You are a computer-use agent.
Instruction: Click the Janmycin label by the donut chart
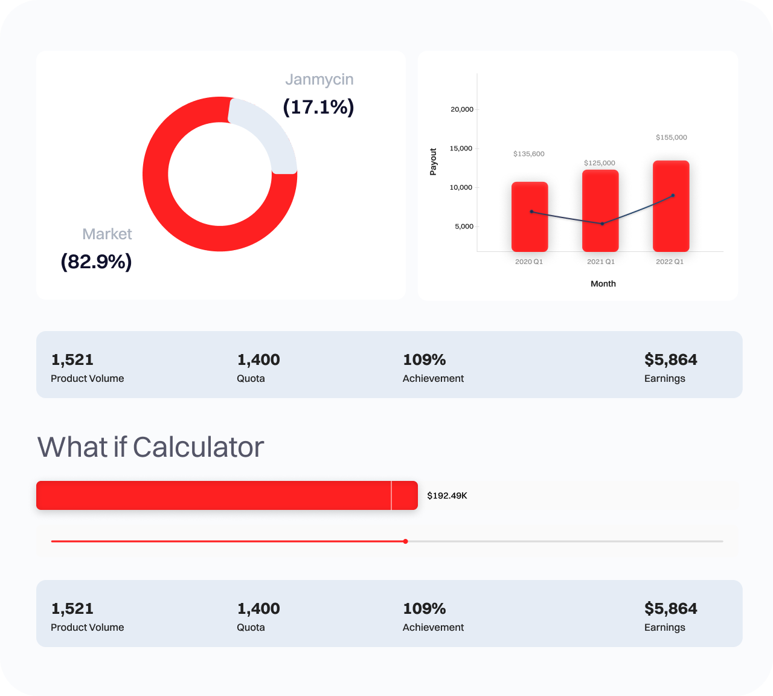319,80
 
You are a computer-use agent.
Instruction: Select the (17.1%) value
318,107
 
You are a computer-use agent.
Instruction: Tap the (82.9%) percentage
96,262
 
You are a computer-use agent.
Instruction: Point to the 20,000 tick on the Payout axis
462,109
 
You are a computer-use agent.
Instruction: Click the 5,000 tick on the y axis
464,227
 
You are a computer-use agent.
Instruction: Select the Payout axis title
433,161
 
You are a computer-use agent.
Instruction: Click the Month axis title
603,284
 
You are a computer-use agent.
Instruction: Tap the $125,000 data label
600,163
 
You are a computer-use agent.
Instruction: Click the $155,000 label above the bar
671,138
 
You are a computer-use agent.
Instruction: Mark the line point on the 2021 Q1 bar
602,224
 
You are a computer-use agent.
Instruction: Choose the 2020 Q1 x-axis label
529,262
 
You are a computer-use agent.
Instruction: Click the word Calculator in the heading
198,448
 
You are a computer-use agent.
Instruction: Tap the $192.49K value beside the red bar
447,496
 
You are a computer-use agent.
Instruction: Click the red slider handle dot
405,541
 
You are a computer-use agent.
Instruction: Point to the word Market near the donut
107,234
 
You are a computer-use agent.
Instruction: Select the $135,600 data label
528,154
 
